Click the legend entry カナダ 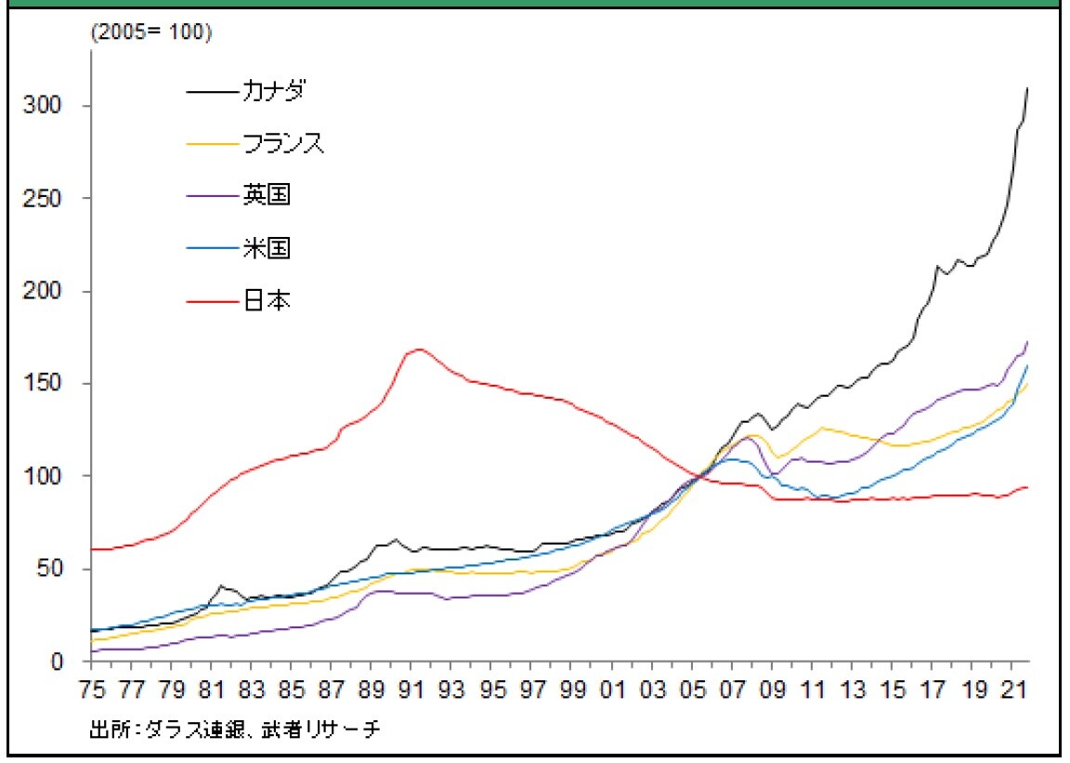tap(274, 91)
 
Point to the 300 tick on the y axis tap(44, 106)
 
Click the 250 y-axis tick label tap(44, 199)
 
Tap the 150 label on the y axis tap(44, 384)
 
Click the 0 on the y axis tap(58, 662)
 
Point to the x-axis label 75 tap(91, 691)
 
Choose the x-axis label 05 tap(692, 691)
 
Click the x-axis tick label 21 tap(1011, 691)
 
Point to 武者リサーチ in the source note tap(327, 730)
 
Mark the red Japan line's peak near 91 tap(419, 349)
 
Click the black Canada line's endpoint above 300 tap(1027, 88)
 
